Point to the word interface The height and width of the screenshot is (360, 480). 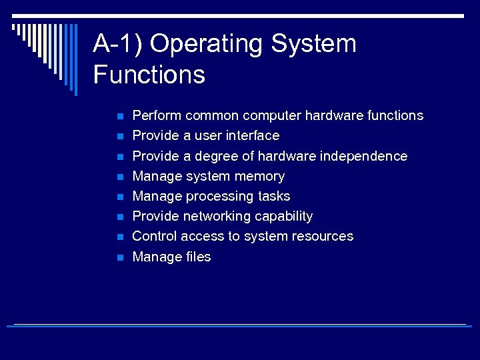(253, 135)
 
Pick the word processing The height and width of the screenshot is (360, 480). (219, 196)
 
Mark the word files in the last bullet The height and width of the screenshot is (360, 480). (199, 257)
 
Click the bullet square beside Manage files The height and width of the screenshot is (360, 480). (119, 257)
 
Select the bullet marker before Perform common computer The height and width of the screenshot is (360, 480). (119, 117)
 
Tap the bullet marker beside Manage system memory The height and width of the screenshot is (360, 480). (119, 177)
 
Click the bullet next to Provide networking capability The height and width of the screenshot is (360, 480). (119, 217)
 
